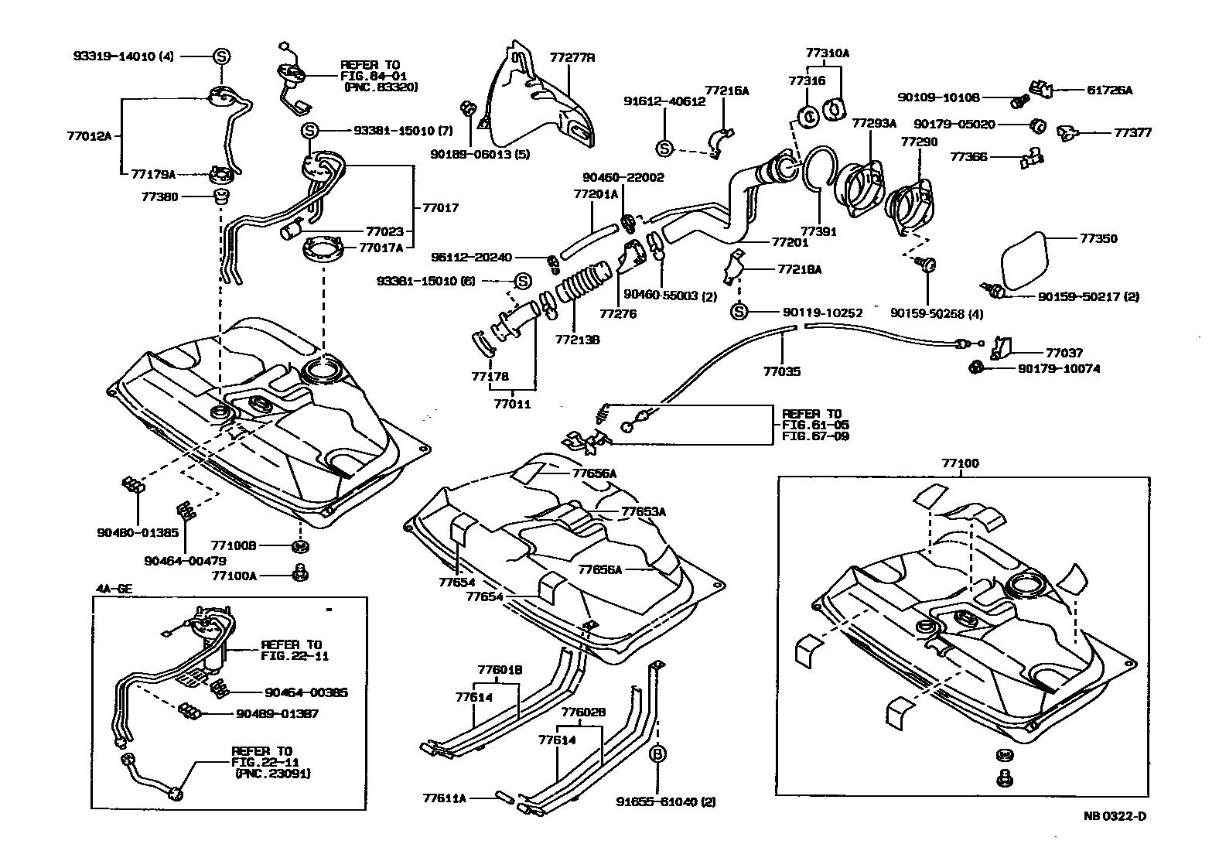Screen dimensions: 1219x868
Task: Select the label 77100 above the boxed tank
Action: [x=960, y=463]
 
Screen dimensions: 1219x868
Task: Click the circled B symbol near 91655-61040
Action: [x=658, y=754]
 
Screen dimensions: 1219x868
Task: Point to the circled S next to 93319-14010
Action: [x=221, y=56]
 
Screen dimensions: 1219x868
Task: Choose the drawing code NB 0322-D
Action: [x=1114, y=816]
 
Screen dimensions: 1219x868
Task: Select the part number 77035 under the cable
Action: [x=781, y=371]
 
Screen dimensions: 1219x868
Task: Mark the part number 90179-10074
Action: [x=1058, y=369]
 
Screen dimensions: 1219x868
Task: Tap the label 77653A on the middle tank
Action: [x=643, y=511]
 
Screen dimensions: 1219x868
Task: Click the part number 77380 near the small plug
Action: [x=159, y=196]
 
